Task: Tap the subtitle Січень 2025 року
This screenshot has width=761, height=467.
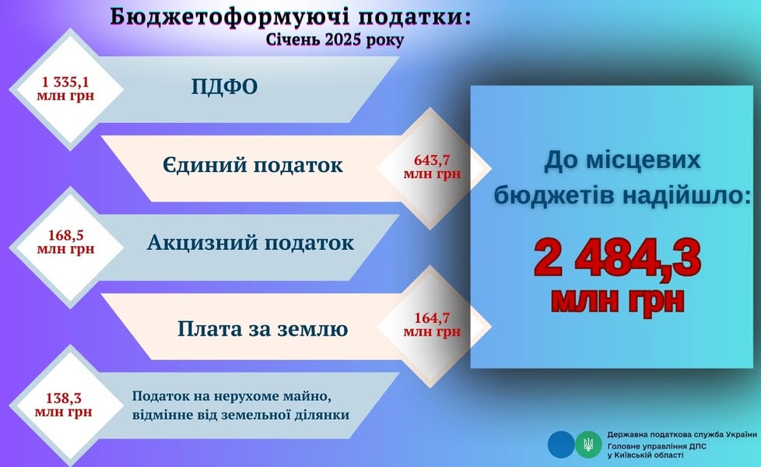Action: click(335, 40)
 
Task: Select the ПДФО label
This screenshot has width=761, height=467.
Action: click(224, 87)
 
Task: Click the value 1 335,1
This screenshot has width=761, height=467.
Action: click(65, 81)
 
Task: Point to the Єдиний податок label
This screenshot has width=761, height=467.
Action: click(253, 165)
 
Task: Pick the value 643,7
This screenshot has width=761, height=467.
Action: click(432, 160)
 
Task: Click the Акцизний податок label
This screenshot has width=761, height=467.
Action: click(251, 243)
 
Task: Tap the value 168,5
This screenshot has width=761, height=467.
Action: click(65, 235)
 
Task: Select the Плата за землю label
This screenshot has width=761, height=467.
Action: click(262, 328)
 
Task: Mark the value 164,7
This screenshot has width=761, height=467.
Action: click(432, 318)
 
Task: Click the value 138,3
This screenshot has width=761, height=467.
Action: click(64, 398)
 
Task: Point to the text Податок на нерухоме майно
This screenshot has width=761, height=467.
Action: click(232, 396)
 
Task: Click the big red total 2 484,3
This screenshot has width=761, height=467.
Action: click(617, 258)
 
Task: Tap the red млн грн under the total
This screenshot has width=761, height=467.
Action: click(617, 301)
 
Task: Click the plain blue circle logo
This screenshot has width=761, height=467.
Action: click(561, 444)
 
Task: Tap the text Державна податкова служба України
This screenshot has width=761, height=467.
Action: click(682, 435)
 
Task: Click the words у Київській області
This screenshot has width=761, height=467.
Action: click(645, 455)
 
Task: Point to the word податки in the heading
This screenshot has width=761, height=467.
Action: click(416, 17)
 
